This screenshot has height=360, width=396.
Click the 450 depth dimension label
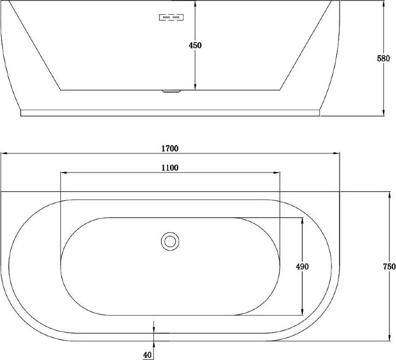pos(195,45)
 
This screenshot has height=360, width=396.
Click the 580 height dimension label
pos(383,59)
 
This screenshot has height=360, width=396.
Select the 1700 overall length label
pos(170,148)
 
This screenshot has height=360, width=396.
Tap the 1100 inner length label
pos(170,168)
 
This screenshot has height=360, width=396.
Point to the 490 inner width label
pos(302,266)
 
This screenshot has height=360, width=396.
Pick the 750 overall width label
pos(389,266)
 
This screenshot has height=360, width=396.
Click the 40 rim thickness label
pos(147,355)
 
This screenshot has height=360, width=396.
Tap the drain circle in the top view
pos(170,241)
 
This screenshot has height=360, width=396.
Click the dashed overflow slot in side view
pos(171,18)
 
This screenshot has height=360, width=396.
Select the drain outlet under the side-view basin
pos(171,91)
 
